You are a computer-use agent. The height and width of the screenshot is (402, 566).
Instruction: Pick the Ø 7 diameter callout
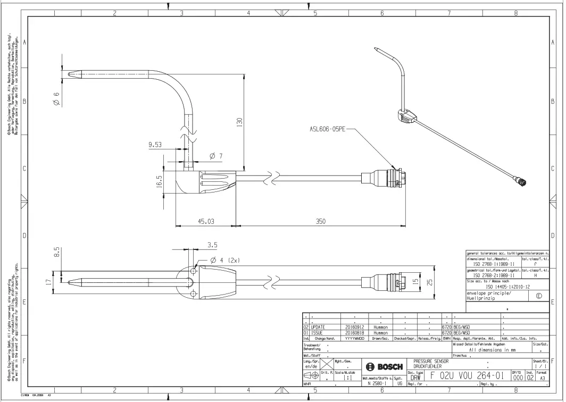pyautogui.click(x=216, y=156)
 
